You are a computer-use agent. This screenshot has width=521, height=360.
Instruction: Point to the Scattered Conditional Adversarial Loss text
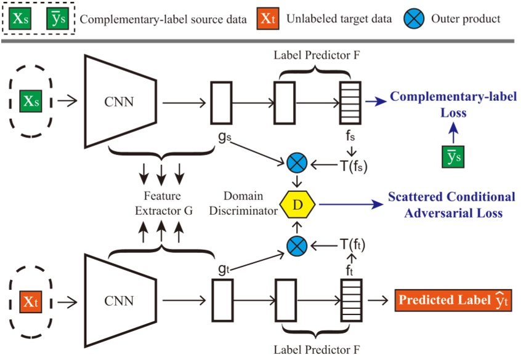[451, 205]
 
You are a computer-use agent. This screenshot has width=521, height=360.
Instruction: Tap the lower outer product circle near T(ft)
[297, 246]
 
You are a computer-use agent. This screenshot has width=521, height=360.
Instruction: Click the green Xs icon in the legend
[22, 18]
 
